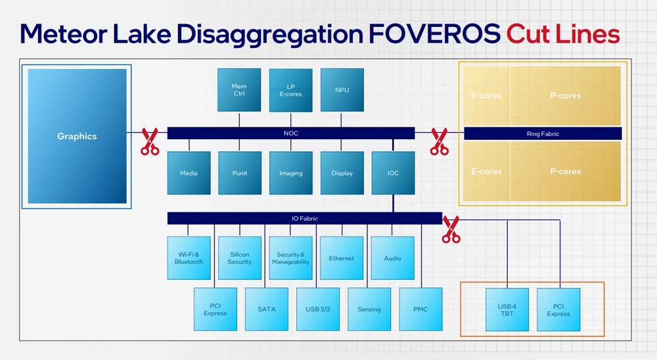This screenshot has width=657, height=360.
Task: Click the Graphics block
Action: (x=77, y=136)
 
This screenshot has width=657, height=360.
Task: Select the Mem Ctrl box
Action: (x=239, y=90)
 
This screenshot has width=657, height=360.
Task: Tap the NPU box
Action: (x=342, y=90)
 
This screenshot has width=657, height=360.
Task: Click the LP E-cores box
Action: (x=291, y=90)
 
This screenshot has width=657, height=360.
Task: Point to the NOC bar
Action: (x=291, y=133)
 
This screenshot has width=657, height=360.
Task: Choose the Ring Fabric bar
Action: (x=543, y=134)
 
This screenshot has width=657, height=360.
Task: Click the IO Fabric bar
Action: (x=305, y=218)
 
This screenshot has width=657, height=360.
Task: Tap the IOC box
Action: (x=393, y=173)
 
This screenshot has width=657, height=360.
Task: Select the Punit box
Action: (x=240, y=173)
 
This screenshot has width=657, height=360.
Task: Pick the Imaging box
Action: (x=291, y=173)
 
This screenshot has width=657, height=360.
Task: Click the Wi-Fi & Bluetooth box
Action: (x=189, y=258)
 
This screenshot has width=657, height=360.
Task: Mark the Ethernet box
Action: (x=342, y=258)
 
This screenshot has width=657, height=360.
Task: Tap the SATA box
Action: (x=267, y=309)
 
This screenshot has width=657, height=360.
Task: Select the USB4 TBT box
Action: (x=507, y=309)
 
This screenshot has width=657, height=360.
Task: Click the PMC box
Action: (x=420, y=309)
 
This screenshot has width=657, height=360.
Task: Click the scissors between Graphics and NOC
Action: (x=149, y=142)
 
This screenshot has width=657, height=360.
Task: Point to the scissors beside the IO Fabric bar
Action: (x=451, y=229)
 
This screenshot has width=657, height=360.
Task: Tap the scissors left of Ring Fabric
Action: (x=440, y=142)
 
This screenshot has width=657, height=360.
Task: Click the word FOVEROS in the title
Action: (x=434, y=34)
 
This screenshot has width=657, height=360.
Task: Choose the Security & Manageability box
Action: (x=291, y=258)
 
